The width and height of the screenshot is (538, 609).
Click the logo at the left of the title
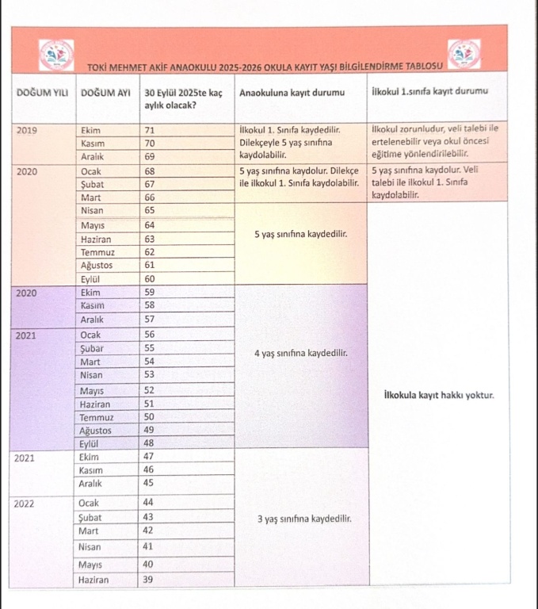point(56,53)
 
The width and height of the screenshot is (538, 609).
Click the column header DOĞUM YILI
point(41,93)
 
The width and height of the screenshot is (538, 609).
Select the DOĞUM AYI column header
point(105,93)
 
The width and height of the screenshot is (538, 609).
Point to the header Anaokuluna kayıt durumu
point(292,93)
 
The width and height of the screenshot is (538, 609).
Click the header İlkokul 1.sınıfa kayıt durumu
point(429,93)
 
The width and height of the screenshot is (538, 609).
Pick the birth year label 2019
point(26,129)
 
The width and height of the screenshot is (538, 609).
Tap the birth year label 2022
point(26,502)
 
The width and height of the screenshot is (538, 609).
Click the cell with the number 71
point(149,130)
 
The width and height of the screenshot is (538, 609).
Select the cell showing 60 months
point(149,278)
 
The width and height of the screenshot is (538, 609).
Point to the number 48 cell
point(149,443)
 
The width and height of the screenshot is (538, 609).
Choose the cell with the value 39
point(147,580)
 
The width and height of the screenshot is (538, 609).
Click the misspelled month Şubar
point(93,347)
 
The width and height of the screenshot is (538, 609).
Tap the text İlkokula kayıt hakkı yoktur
point(439,394)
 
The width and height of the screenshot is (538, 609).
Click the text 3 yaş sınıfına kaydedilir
point(303,519)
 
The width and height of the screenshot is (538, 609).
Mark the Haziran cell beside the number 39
point(93,580)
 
